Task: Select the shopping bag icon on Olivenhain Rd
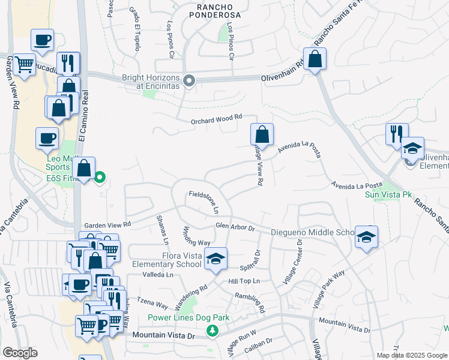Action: (x=314, y=59)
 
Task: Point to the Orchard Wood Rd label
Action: (x=216, y=120)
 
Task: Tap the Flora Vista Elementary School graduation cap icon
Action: (x=215, y=259)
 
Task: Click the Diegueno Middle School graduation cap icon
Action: (x=366, y=237)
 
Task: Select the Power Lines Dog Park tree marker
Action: (x=212, y=331)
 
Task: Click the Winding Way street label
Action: (x=196, y=238)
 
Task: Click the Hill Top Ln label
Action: (x=243, y=281)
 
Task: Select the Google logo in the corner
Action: (x=19, y=353)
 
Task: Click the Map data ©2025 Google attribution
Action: (x=411, y=355)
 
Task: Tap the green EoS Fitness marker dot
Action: (x=100, y=177)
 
